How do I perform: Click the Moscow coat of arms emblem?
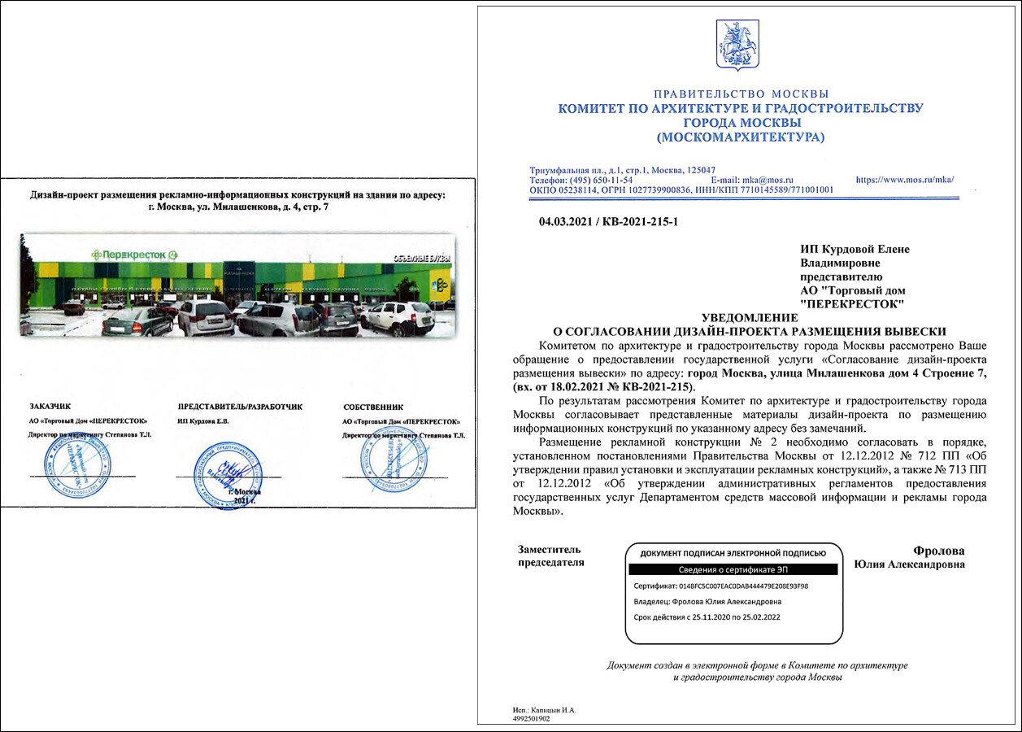[x=737, y=45]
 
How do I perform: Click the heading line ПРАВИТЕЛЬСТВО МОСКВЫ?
[x=741, y=94]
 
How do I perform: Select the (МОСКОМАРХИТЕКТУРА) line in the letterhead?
[x=740, y=137]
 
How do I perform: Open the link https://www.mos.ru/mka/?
[x=905, y=179]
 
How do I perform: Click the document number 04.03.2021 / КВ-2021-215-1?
[x=608, y=221]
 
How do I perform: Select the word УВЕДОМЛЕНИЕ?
[x=749, y=317]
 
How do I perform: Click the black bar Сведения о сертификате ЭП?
[x=732, y=570]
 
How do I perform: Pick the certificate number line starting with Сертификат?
[x=720, y=586]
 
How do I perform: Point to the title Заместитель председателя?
[x=551, y=556]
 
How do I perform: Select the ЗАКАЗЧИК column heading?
[x=50, y=405]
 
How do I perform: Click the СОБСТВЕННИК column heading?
[x=373, y=406]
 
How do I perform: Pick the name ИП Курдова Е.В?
[x=203, y=421]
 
